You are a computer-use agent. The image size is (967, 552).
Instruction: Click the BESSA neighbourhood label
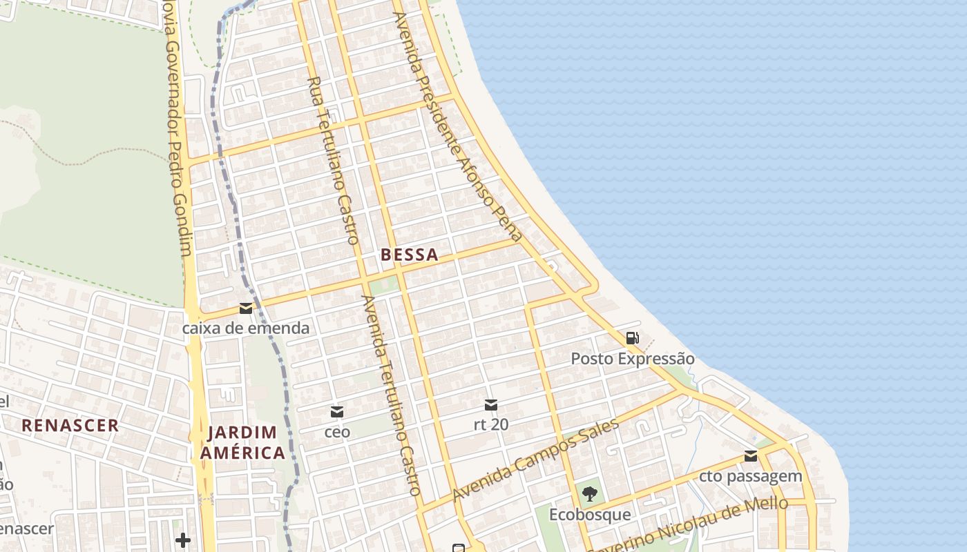pyautogui.click(x=410, y=255)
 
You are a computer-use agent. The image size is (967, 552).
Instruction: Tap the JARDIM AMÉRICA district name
pyautogui.click(x=246, y=443)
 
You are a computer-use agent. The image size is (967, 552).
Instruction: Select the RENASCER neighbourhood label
pyautogui.click(x=70, y=425)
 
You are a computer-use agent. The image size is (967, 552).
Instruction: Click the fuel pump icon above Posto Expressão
pyautogui.click(x=632, y=338)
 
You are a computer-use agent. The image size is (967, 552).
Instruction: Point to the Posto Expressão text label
pyautogui.click(x=633, y=359)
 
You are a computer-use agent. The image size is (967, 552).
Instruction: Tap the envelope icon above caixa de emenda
pyautogui.click(x=246, y=308)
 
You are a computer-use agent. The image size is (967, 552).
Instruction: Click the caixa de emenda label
pyautogui.click(x=246, y=328)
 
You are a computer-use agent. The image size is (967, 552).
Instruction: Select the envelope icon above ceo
pyautogui.click(x=337, y=412)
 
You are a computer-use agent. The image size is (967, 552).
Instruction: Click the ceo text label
pyautogui.click(x=337, y=433)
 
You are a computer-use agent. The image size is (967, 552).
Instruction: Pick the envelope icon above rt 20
pyautogui.click(x=491, y=404)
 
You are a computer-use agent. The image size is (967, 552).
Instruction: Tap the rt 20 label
pyautogui.click(x=491, y=425)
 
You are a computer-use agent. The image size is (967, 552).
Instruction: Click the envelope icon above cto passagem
pyautogui.click(x=751, y=455)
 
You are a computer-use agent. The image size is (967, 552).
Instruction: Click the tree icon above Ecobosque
pyautogui.click(x=590, y=493)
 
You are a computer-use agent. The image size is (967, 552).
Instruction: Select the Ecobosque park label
pyautogui.click(x=590, y=515)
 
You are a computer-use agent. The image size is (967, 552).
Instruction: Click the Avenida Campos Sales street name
pyautogui.click(x=536, y=461)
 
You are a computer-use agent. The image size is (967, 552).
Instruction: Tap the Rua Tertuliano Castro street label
pyautogui.click(x=334, y=160)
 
